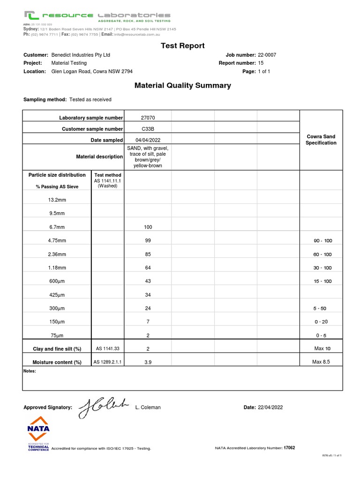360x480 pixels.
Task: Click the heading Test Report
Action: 182,45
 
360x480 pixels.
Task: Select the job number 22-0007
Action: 267,55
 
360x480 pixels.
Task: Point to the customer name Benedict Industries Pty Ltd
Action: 81,55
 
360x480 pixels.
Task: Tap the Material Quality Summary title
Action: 182,85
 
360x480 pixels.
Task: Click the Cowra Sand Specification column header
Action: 321,140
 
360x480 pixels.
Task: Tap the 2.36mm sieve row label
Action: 57,254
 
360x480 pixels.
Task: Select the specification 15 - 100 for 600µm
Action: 322,281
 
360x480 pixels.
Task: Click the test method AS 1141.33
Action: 107,349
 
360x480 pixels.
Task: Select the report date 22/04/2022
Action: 270,407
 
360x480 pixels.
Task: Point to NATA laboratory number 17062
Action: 289,448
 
